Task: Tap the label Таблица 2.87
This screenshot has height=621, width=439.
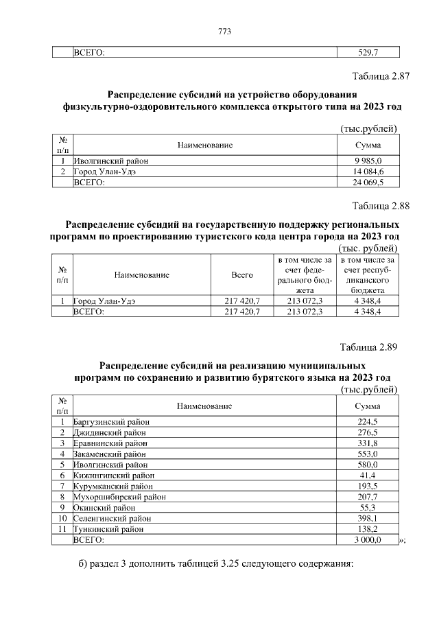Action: [381, 76]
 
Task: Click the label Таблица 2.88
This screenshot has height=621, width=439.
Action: [381, 205]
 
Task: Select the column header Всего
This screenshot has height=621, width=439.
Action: [242, 275]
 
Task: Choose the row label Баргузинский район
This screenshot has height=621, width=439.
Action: [111, 421]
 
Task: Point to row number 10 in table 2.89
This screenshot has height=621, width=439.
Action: [62, 519]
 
